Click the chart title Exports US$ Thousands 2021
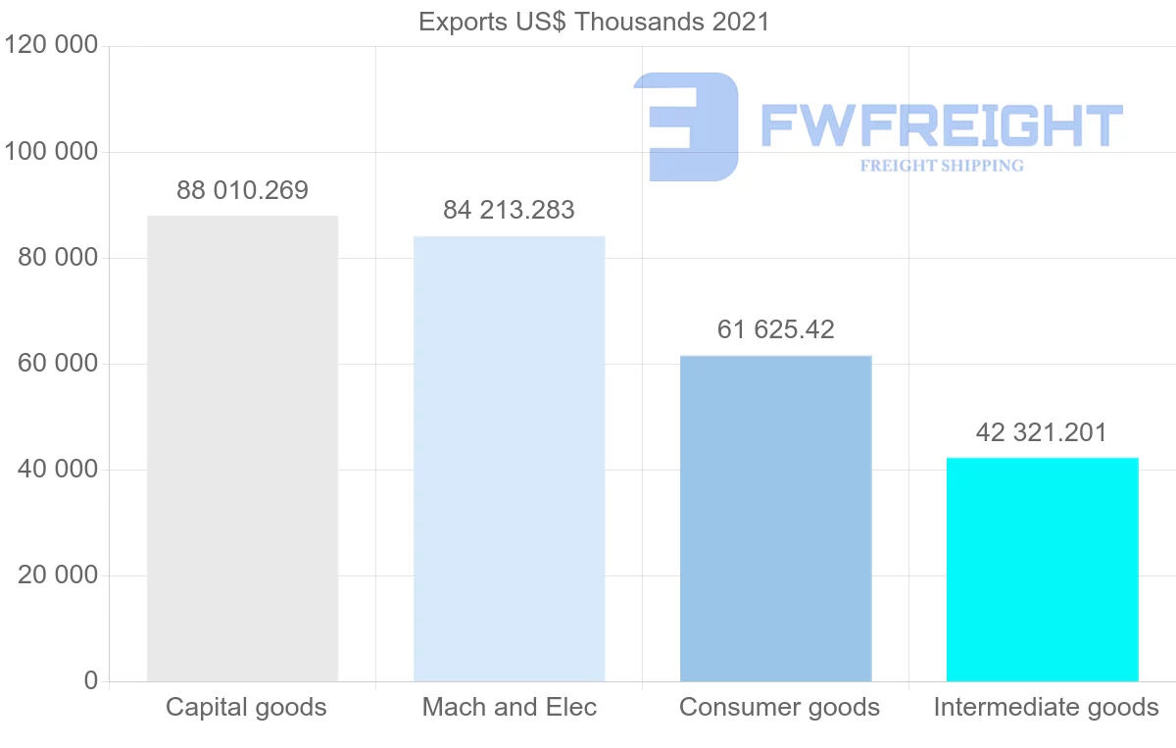click(594, 22)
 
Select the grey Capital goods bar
click(242, 448)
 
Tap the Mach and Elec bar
click(509, 458)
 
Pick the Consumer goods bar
click(775, 518)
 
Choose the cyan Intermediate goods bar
click(1042, 569)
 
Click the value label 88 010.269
click(242, 190)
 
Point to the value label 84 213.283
click(509, 210)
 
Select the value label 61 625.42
click(775, 329)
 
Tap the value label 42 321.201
click(1042, 432)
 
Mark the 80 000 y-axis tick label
click(58, 258)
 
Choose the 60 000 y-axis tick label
click(58, 364)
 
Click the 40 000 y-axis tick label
click(58, 470)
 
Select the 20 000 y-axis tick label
click(58, 575)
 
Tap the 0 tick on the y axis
click(91, 680)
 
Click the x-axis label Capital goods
click(246, 707)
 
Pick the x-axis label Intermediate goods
click(1046, 707)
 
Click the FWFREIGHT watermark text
click(941, 125)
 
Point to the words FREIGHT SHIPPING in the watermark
click(941, 166)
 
